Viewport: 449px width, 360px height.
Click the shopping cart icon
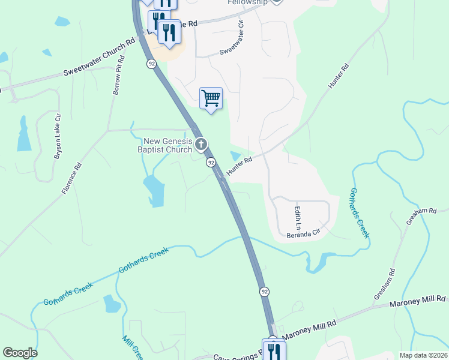pos(211,98)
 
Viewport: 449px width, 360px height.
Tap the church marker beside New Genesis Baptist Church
pos(201,144)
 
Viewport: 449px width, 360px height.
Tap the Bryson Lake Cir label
pos(58,143)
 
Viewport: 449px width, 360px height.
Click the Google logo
pos(20,353)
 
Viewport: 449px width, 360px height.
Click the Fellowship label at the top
pos(247,2)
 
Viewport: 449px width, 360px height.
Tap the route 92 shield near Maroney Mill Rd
pos(264,291)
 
